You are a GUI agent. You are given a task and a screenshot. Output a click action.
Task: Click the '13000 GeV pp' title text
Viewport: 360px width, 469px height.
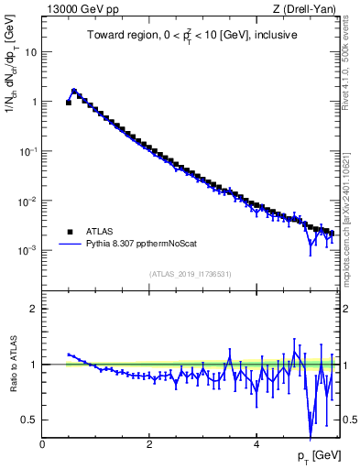[75, 10]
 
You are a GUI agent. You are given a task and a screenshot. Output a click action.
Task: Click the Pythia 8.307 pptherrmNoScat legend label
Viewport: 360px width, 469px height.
[143, 245]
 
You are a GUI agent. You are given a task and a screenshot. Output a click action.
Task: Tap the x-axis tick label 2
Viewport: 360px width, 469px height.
[149, 444]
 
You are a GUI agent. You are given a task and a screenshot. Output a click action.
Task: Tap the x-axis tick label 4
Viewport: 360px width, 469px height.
[256, 444]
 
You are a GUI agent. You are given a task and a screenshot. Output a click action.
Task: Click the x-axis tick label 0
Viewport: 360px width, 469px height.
[43, 444]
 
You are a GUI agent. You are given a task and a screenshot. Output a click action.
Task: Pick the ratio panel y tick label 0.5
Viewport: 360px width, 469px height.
[29, 420]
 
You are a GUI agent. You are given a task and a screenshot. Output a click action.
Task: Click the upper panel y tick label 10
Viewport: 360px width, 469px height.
[31, 52]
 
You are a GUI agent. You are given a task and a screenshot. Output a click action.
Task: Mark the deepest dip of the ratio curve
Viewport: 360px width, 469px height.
[311, 425]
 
